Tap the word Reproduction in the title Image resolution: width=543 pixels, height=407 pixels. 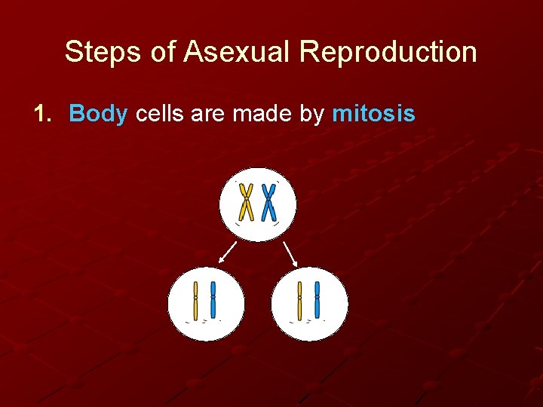[388, 53]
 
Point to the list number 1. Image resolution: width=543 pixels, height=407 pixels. [43, 114]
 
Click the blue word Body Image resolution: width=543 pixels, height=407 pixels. [98, 114]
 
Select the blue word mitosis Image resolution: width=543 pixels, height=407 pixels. [373, 114]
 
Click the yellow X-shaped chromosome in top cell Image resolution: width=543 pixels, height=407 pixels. [246, 202]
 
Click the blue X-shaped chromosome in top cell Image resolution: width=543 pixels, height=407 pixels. [268, 202]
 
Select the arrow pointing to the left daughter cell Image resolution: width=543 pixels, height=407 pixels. [227, 252]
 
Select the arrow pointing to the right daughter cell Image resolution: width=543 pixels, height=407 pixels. [290, 252]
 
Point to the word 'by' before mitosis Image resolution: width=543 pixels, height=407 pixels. [313, 115]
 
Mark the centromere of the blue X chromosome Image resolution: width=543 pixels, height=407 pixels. [268, 200]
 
